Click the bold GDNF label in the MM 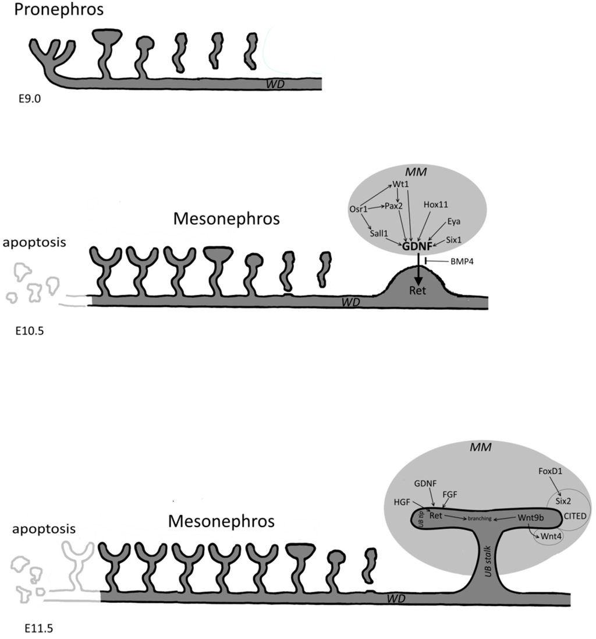[418, 246]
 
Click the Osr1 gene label [358, 209]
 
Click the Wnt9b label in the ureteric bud [530, 517]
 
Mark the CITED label [574, 515]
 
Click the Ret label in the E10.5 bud [417, 290]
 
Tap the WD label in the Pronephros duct [274, 84]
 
